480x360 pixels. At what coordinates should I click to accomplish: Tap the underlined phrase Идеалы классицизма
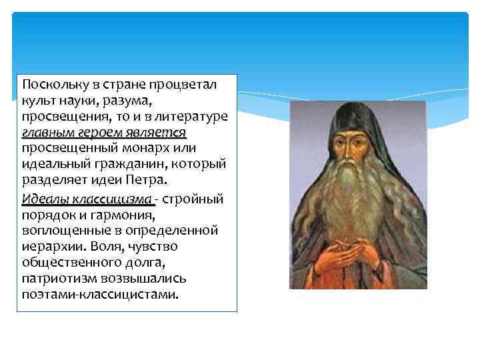coord(87,199)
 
